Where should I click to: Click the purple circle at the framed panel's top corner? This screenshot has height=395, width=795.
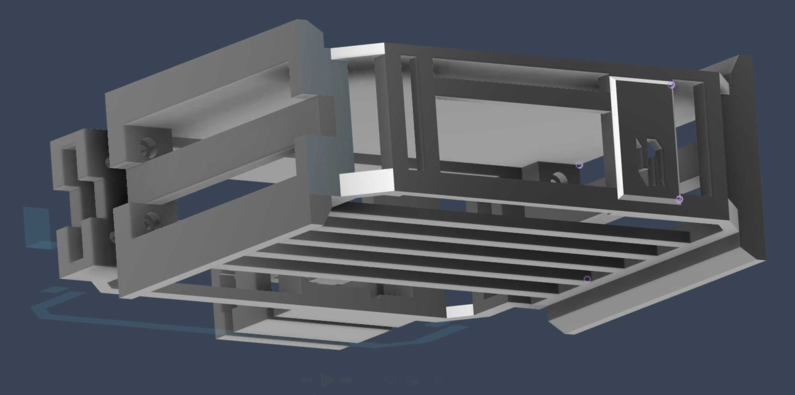click(671, 85)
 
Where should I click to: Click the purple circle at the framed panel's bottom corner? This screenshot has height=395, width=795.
click(679, 199)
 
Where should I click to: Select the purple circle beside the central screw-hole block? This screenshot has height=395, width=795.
click(579, 165)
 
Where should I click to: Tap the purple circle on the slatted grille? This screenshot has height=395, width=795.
click(587, 279)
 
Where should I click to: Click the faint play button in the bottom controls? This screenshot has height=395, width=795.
click(327, 380)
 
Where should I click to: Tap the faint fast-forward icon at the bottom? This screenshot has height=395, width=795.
click(347, 380)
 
